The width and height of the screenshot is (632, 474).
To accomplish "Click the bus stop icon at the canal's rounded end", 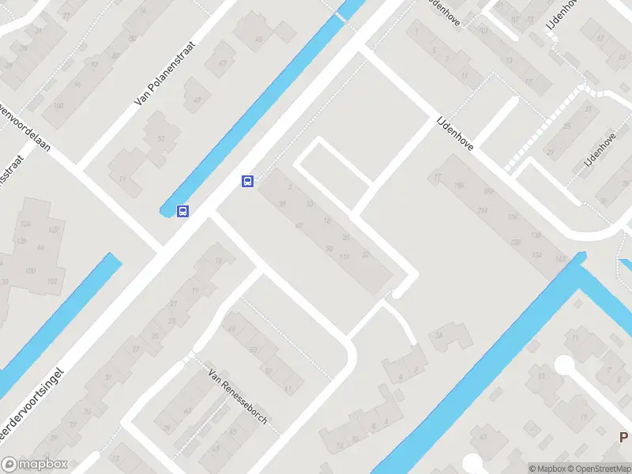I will [x=182, y=211].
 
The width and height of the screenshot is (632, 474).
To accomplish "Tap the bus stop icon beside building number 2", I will [x=247, y=181].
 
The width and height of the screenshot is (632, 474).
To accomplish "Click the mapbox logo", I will [x=33, y=465].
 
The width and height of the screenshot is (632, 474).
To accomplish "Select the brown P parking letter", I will [x=623, y=437].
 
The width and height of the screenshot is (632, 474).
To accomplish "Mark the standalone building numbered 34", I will [x=438, y=335].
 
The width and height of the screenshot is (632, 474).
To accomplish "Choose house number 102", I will [x=53, y=280].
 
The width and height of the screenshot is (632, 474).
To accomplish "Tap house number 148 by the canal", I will [x=561, y=259].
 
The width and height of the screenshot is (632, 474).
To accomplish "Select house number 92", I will [x=95, y=65].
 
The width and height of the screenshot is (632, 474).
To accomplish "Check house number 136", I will [x=513, y=217].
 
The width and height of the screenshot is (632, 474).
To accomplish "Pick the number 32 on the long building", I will [x=365, y=254].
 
